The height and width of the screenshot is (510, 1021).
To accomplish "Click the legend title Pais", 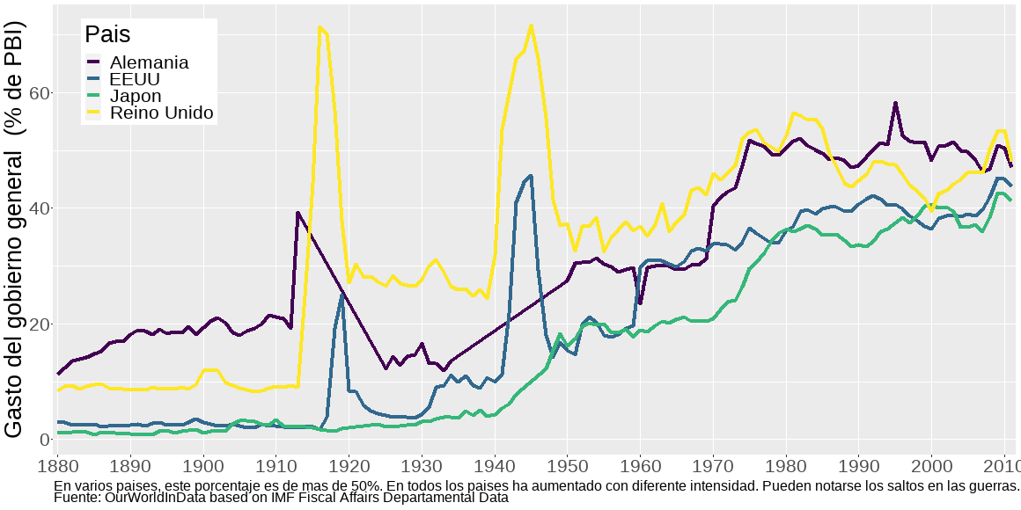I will tap(107, 35).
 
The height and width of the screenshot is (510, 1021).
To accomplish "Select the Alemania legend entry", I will tap(149, 62).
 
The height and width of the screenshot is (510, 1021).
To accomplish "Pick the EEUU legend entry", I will tap(135, 79).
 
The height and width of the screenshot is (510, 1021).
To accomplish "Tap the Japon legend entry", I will tap(136, 96).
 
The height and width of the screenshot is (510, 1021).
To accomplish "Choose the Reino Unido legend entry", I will tap(161, 113).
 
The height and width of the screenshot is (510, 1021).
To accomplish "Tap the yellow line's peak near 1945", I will tap(531, 25).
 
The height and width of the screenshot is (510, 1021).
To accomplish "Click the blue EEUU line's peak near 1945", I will tap(530, 176).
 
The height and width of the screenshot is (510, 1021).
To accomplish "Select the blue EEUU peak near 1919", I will tap(342, 294).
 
